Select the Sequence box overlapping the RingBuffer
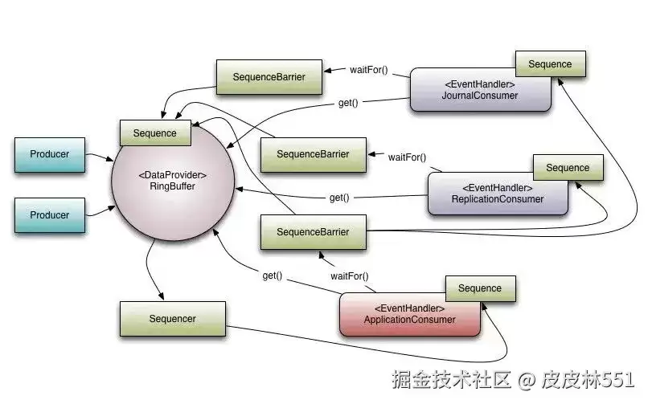(x=154, y=133)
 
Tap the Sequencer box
(x=172, y=319)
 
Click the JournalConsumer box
(x=480, y=91)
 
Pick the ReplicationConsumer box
(x=497, y=194)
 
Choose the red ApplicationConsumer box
(x=409, y=314)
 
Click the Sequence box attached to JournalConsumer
(x=550, y=64)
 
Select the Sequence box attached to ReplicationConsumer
(x=568, y=168)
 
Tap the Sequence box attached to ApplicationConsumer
(x=479, y=288)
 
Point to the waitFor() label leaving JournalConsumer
(x=369, y=69)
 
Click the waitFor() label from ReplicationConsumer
(x=407, y=157)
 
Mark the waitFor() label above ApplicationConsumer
(x=350, y=276)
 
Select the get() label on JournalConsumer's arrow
(x=347, y=104)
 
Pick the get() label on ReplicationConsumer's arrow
(x=338, y=198)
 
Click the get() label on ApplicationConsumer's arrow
(x=272, y=275)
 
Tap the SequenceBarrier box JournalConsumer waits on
(x=269, y=77)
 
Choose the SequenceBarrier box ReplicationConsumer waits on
(x=313, y=154)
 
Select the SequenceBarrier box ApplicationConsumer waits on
(x=313, y=232)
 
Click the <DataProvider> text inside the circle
(x=172, y=175)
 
